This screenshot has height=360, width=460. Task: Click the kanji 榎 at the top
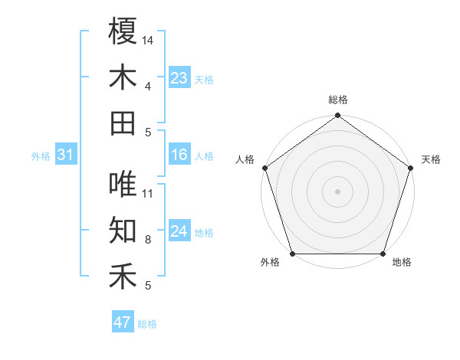(123, 31)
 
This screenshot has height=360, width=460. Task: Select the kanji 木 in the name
(123, 77)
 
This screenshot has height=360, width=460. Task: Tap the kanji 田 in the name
(123, 123)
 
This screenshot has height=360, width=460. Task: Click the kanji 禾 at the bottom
(123, 277)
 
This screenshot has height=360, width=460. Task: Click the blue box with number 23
(179, 78)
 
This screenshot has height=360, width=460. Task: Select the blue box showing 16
(179, 155)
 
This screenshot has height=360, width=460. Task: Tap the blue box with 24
(179, 231)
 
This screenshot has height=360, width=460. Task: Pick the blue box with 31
(65, 155)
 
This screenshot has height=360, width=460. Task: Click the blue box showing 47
(122, 322)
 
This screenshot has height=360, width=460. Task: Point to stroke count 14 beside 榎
(148, 40)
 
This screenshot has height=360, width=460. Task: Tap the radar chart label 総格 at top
(338, 100)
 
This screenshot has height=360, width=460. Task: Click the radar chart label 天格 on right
(431, 159)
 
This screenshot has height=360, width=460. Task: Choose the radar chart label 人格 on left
(245, 159)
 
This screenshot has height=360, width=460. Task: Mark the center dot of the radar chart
(338, 191)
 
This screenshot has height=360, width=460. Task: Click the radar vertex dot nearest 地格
(383, 254)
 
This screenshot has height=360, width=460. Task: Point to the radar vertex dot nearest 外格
(292, 254)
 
